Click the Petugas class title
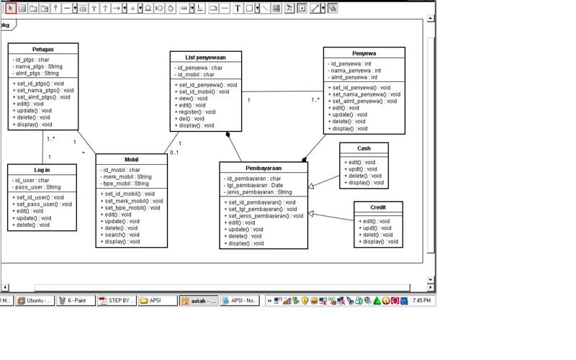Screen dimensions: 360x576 tap(43, 50)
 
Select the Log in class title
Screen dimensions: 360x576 tap(42, 170)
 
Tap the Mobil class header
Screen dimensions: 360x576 tap(132, 160)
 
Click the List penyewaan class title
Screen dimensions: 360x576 tap(206, 57)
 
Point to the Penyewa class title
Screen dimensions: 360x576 tap(364, 53)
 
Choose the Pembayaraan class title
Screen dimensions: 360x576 tap(264, 168)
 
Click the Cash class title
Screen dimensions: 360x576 tap(364, 148)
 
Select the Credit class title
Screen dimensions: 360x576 tap(378, 207)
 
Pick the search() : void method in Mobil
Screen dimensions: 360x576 tap(122, 235)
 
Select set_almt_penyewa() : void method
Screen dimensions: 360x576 tap(364, 102)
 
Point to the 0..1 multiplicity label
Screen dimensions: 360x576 tap(174, 153)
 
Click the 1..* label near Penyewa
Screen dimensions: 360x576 tap(315, 100)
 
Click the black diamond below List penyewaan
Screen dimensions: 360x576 tap(228, 135)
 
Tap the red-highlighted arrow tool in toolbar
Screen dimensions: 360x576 tap(11, 9)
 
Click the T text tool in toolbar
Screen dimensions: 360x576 tap(238, 9)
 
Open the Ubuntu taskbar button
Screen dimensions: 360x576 tap(35, 300)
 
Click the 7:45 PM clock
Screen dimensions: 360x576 tap(421, 300)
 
